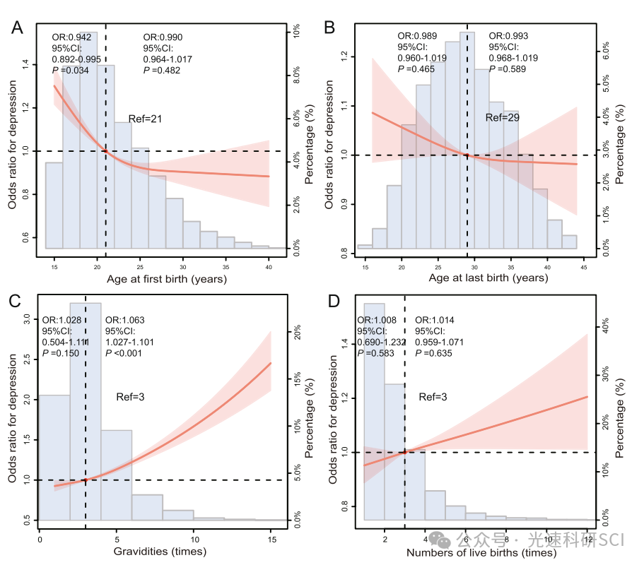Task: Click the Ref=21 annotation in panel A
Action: click(145, 119)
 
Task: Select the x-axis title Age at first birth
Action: click(167, 278)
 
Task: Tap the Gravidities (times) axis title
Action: click(160, 551)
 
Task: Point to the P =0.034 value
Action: click(70, 71)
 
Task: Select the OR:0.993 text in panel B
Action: click(508, 36)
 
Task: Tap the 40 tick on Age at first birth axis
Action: click(269, 260)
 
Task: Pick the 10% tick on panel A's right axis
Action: click(298, 33)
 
